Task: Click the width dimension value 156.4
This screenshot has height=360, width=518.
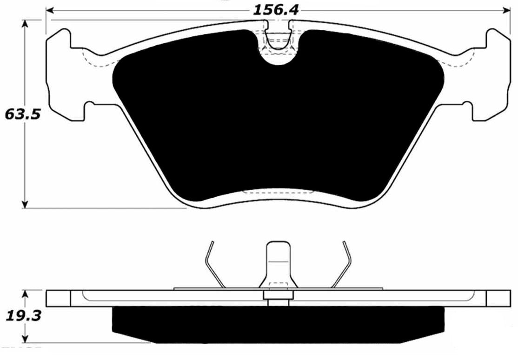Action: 275,9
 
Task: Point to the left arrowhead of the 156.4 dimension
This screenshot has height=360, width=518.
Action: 50,10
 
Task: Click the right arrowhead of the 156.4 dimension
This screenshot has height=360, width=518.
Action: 506,10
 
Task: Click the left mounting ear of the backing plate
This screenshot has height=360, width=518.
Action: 65,77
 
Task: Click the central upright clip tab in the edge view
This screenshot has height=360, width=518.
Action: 278,263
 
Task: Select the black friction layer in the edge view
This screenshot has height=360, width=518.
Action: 277,323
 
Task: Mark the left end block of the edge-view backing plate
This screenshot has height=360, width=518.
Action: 58,298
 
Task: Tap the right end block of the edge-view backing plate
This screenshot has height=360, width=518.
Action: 498,298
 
